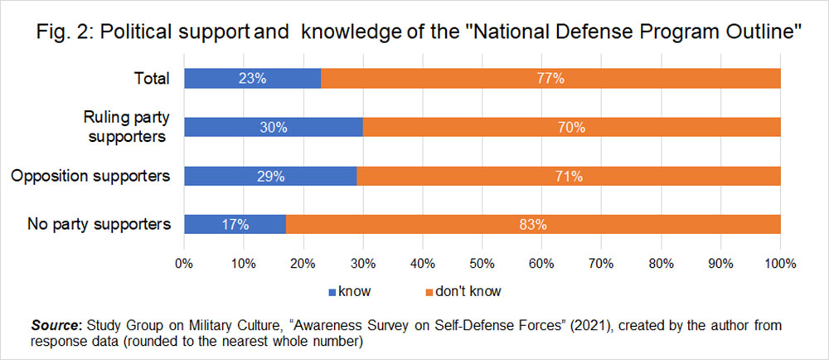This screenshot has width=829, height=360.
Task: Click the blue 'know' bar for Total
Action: (x=252, y=79)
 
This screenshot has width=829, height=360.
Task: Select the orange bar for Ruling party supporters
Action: (x=572, y=127)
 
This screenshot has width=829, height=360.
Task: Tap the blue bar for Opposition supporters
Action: (x=270, y=176)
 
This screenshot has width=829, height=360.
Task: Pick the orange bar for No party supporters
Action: (x=533, y=224)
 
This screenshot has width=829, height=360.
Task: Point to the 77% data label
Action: (x=550, y=79)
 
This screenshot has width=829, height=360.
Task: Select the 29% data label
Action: (x=271, y=176)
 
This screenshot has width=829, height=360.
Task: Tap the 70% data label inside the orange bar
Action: (x=572, y=127)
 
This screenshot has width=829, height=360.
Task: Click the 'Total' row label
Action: (x=153, y=79)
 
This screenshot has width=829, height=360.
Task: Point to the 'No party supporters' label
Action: (x=99, y=224)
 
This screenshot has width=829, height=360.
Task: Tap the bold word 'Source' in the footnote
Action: (x=51, y=324)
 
